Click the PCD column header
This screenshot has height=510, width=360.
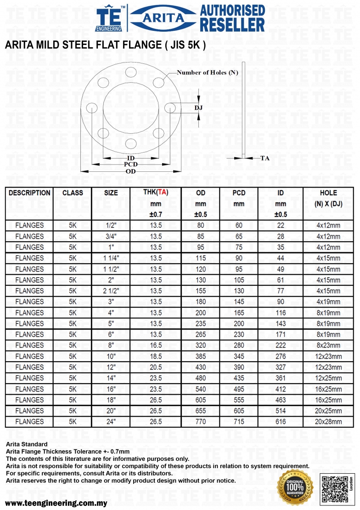point(239,193)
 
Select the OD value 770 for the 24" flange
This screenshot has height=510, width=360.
point(201,421)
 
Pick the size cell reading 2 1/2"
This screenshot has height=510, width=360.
point(111,291)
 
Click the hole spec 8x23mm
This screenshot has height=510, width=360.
point(329,346)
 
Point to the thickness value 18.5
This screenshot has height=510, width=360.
point(156,356)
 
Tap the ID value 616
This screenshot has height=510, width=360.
point(281,421)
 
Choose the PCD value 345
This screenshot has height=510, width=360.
point(239,356)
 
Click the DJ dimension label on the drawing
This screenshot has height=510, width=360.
point(198,108)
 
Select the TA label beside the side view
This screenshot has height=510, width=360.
point(265,158)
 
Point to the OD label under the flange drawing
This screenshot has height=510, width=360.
point(131,171)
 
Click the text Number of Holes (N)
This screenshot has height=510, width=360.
point(208,73)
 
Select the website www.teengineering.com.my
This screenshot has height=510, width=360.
point(56,503)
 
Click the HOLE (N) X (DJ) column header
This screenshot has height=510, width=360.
point(329,198)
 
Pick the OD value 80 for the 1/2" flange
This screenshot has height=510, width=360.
point(201,226)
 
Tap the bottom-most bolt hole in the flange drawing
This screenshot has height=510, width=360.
point(131,143)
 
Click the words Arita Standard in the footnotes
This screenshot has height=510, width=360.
point(26,444)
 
